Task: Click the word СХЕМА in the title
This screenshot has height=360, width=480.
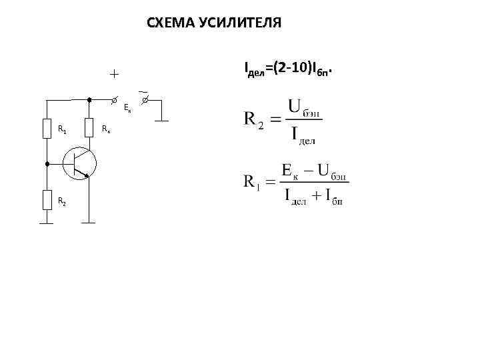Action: coord(170,24)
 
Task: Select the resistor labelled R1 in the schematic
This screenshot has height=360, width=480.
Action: coord(47,128)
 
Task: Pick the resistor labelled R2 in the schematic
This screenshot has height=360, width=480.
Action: coord(47,199)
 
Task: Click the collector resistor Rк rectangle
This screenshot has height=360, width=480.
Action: coord(89,128)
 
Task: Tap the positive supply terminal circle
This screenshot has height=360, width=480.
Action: coord(114,99)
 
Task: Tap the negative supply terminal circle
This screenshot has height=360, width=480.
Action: coord(145,99)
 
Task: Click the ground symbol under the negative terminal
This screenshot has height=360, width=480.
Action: coord(161,121)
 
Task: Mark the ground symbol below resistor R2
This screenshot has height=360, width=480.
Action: coord(47,223)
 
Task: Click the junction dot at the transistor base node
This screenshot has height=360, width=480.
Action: coord(47,163)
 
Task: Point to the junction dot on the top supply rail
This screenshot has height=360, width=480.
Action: coord(89,99)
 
